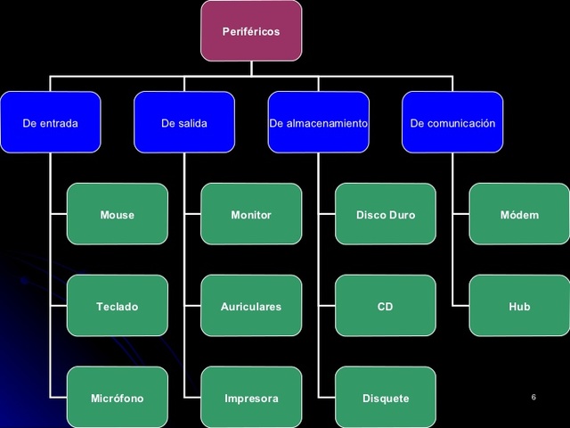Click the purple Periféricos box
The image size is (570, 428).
[251, 31]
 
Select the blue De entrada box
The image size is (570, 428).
[51, 123]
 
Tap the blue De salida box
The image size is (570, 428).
[184, 123]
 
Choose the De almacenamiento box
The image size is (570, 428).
[319, 123]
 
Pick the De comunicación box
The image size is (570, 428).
[452, 123]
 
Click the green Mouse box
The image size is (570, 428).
[118, 215]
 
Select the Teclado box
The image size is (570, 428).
[118, 306]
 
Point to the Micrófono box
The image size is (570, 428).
[118, 398]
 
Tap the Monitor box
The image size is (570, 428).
[251, 215]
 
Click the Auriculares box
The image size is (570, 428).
[251, 306]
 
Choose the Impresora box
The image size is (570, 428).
[251, 398]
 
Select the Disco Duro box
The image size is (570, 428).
[386, 215]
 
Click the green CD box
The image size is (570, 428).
[386, 306]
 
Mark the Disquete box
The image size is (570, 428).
[386, 398]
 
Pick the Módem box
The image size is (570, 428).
[519, 215]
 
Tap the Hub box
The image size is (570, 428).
[519, 306]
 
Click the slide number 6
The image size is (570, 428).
[533, 396]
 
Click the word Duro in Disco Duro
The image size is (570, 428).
[402, 215]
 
